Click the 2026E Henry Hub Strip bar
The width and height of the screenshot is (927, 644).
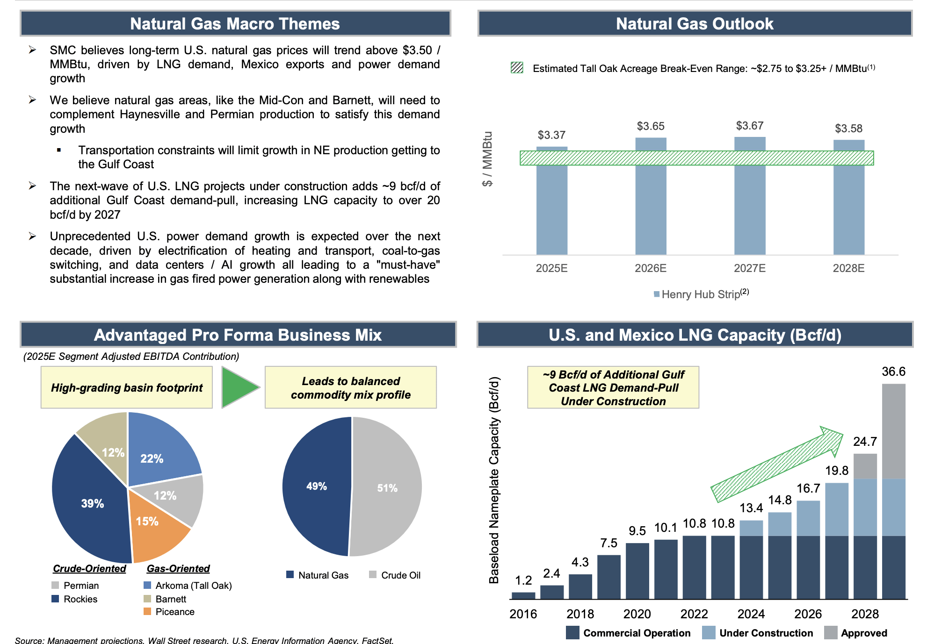(x=651, y=210)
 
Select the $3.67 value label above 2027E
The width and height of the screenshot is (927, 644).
(x=749, y=126)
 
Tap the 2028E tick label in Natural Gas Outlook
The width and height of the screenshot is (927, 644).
(x=848, y=268)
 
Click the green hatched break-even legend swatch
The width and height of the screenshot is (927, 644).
(x=517, y=68)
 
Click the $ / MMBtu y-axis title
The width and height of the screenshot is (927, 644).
(x=487, y=159)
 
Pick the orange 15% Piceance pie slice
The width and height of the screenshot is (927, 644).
(x=154, y=526)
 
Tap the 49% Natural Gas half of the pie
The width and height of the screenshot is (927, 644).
(x=317, y=486)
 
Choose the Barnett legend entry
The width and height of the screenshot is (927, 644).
(x=165, y=599)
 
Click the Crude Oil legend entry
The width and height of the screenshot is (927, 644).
(x=395, y=575)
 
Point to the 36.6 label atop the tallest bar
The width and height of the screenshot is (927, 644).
(x=893, y=372)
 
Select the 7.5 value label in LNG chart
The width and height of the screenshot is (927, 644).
(x=608, y=543)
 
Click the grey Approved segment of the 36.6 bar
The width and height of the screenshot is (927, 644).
(x=893, y=430)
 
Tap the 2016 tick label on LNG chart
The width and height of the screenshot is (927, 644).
(x=523, y=614)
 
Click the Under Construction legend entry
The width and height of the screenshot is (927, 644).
(x=758, y=633)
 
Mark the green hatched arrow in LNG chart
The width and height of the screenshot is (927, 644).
(x=776, y=465)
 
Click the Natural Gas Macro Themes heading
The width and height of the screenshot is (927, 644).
(x=235, y=23)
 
